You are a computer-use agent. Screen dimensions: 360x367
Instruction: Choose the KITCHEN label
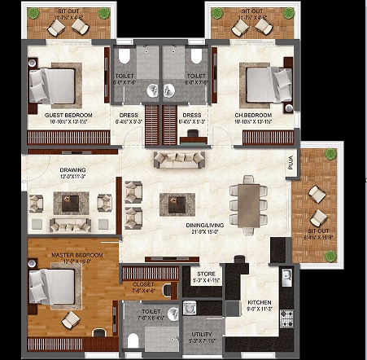[260, 303]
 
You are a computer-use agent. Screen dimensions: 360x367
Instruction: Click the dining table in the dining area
[247, 201]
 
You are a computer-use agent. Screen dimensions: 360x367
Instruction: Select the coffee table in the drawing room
[68, 200]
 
